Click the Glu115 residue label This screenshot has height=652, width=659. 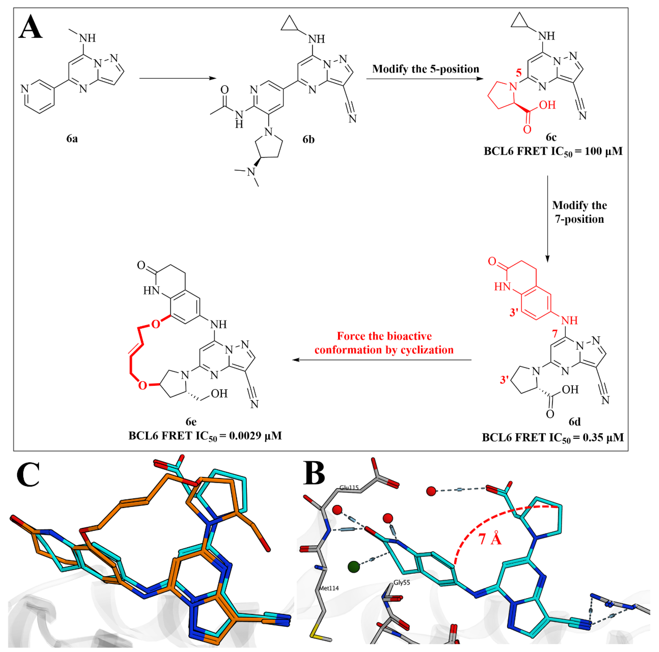[x=349, y=488]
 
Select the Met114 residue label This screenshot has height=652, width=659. [x=329, y=588]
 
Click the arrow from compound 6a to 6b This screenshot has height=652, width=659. [x=177, y=78]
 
